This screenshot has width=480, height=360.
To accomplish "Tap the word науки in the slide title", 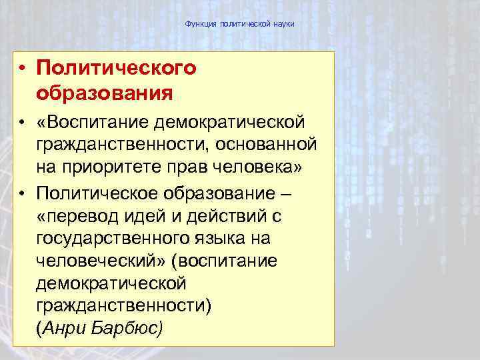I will pos(282,24).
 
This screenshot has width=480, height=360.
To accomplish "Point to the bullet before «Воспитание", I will pos(22,123).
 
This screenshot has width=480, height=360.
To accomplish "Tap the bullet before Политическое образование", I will pos(22,193).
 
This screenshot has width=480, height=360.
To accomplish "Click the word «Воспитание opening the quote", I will pos(91,123).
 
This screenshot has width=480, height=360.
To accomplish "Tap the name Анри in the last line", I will pos(66,329).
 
